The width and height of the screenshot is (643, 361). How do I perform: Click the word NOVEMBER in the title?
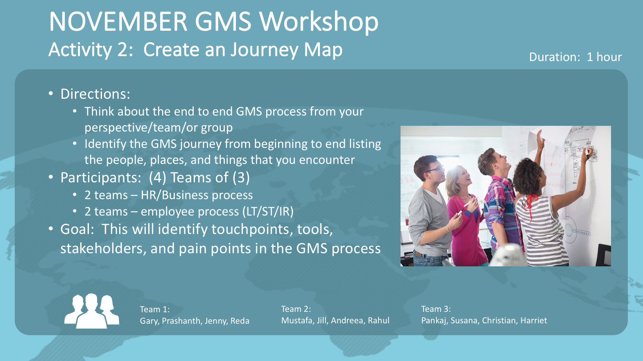[x=118, y=22]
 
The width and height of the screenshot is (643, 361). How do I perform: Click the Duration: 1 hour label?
[x=575, y=57]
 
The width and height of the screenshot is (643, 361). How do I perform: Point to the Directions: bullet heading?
[x=95, y=94]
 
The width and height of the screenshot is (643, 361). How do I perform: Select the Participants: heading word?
[x=100, y=178]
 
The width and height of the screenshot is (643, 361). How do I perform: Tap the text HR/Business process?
[x=197, y=195]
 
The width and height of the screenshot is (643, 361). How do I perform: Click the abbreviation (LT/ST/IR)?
[x=268, y=212]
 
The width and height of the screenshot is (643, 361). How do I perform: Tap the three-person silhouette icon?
[x=92, y=311]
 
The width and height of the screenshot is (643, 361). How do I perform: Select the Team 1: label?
[x=155, y=309]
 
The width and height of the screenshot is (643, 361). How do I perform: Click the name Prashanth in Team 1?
[x=181, y=321]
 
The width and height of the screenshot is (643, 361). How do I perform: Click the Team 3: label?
[x=436, y=309]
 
